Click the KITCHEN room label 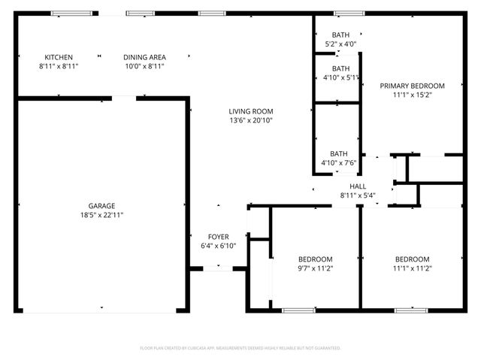[x=59, y=57]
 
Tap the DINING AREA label [x=144, y=57]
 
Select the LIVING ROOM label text [x=250, y=111]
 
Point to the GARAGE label [x=101, y=206]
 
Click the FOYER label [x=219, y=237]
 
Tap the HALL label [x=357, y=186]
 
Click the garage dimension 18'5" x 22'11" [x=101, y=215]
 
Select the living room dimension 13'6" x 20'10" [x=250, y=120]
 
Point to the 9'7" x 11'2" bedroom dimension [x=316, y=268]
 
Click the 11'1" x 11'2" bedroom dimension [x=413, y=268]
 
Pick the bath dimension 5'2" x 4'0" [x=340, y=44]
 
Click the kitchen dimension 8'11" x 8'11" [x=59, y=66]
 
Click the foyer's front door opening [x=219, y=268]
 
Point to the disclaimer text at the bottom [x=240, y=348]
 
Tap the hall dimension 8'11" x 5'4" [x=357, y=195]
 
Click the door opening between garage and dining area [x=124, y=97]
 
